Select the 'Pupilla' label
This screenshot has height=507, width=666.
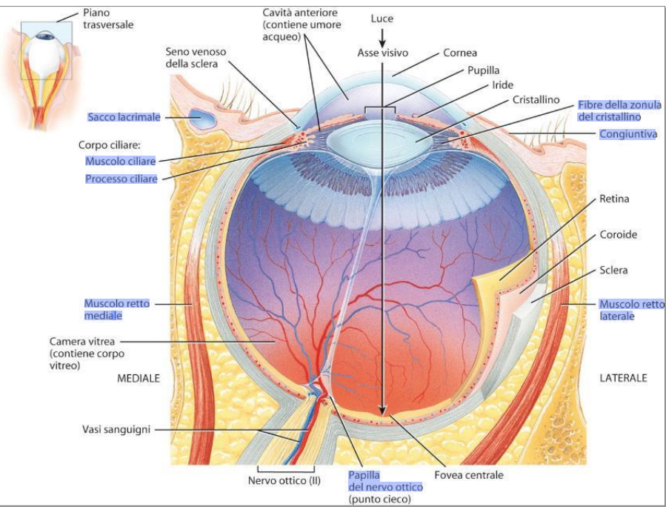coord(482,70)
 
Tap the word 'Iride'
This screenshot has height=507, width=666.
coord(502,85)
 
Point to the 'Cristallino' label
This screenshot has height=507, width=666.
coord(536,99)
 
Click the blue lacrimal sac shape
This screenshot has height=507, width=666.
coord(202,117)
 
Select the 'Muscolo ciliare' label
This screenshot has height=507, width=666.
coord(121,161)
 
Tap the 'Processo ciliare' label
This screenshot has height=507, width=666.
coord(121,179)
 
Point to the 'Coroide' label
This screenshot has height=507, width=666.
coord(618,234)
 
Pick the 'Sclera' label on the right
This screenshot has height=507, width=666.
coord(613,270)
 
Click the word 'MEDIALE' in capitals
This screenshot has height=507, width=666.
coord(139,378)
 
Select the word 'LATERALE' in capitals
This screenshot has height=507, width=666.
coord(622,378)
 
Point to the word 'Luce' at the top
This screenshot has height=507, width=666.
coord(382,18)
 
